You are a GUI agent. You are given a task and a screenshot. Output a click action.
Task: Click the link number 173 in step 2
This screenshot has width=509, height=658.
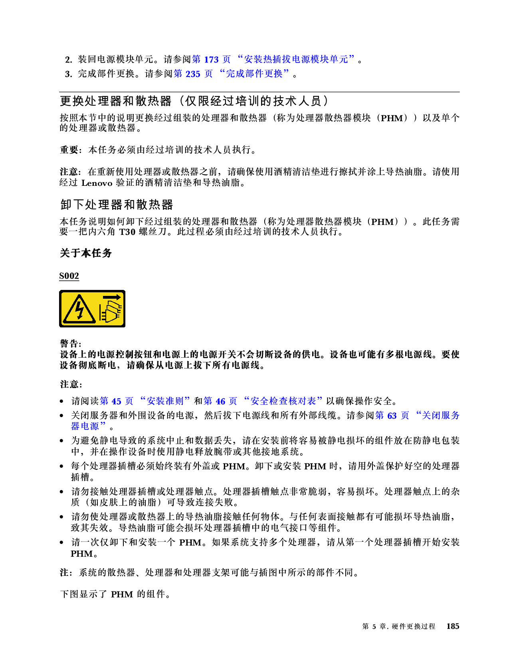pyautogui.click(x=211, y=60)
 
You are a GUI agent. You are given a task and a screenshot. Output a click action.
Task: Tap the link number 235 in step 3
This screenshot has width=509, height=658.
pyautogui.click(x=193, y=74)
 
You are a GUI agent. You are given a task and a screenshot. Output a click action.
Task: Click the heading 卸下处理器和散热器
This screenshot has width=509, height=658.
pyautogui.click(x=116, y=205)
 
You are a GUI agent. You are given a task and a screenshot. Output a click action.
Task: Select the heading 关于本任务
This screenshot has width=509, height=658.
pyautogui.click(x=86, y=253)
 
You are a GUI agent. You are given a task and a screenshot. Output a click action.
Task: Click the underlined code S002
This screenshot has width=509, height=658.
pyautogui.click(x=69, y=276)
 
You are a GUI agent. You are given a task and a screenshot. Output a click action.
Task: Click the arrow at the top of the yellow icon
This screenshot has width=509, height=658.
pyautogui.click(x=112, y=297)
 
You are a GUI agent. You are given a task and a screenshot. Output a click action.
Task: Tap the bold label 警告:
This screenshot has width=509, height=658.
pyautogui.click(x=70, y=343)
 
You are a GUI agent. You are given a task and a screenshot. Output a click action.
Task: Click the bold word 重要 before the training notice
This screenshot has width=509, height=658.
pyautogui.click(x=69, y=150)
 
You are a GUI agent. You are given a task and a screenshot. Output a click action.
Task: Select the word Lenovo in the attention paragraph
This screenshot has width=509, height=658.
pyautogui.click(x=97, y=183)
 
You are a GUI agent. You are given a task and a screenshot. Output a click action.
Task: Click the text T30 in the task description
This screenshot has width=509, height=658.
pyautogui.click(x=127, y=232)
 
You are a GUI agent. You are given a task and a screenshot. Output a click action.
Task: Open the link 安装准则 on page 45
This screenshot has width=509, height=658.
pyautogui.click(x=165, y=401)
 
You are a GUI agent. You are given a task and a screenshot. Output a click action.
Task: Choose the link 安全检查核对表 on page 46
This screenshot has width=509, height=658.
pyautogui.click(x=283, y=401)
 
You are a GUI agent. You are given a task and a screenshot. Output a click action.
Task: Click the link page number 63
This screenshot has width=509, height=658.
pyautogui.click(x=392, y=416)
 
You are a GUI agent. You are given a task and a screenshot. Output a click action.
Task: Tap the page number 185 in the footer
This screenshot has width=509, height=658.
pyautogui.click(x=452, y=626)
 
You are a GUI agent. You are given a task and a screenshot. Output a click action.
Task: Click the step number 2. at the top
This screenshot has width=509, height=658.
pyautogui.click(x=69, y=60)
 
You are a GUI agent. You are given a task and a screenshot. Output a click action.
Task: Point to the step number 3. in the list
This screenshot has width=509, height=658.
pyautogui.click(x=69, y=74)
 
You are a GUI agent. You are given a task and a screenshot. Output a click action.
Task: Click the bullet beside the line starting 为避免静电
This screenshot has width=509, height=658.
pyautogui.click(x=61, y=441)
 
